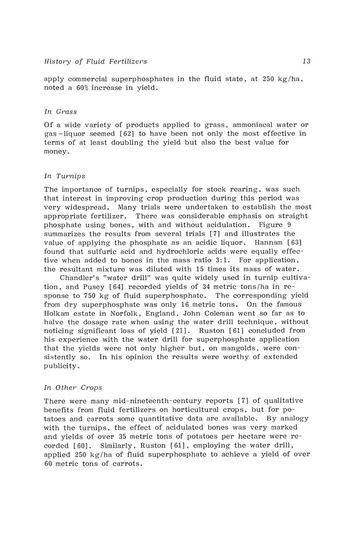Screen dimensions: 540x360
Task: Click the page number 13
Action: tap(306, 61)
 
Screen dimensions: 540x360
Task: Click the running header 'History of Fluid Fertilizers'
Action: tap(96, 61)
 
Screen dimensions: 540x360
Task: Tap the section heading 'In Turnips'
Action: tap(64, 176)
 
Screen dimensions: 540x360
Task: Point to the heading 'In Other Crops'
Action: tap(73, 388)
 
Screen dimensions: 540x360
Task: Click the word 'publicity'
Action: tap(62, 366)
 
